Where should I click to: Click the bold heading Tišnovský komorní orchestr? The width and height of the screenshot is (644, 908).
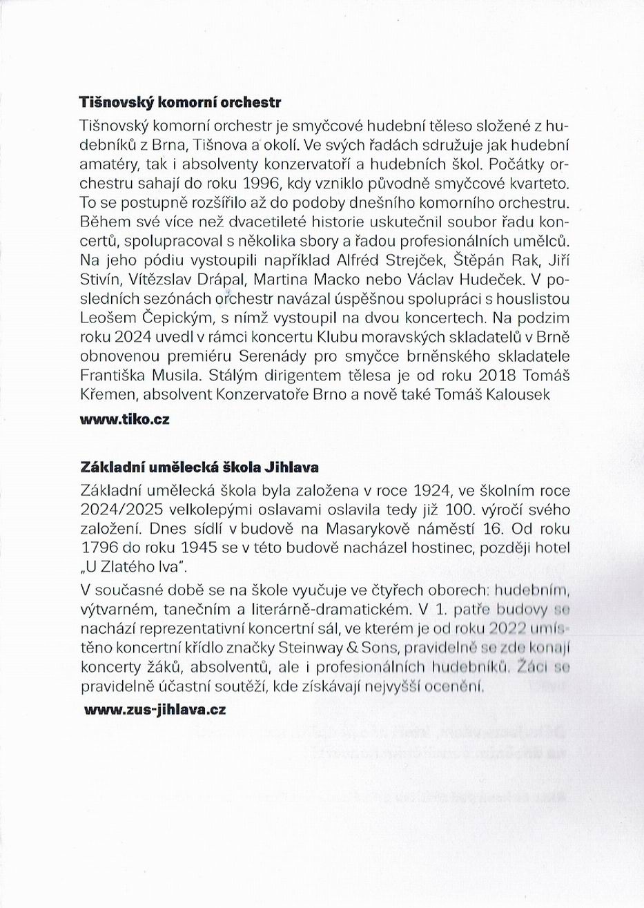click(181, 103)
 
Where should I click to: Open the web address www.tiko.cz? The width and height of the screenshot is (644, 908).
click(125, 420)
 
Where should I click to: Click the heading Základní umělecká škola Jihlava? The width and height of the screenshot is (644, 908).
click(199, 467)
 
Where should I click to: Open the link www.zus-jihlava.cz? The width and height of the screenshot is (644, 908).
click(155, 709)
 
